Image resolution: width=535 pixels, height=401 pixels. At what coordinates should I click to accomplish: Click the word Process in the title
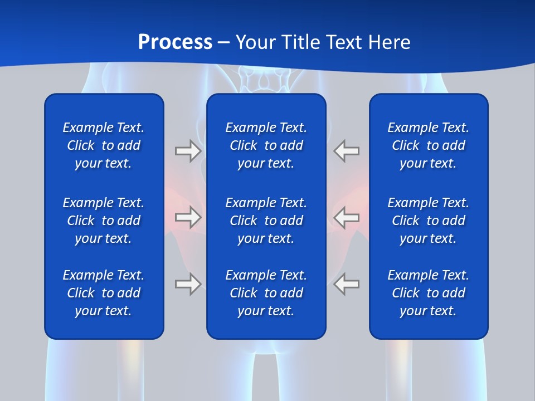175,42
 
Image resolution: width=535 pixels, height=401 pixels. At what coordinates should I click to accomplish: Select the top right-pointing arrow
188,151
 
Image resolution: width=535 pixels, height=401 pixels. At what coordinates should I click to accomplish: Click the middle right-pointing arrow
188,217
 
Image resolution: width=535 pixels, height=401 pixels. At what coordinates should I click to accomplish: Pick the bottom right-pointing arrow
188,284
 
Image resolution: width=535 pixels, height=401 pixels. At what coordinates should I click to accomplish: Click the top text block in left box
104,145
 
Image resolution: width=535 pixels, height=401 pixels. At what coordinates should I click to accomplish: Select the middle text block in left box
104,221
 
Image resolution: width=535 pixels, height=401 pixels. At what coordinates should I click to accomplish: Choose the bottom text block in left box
104,293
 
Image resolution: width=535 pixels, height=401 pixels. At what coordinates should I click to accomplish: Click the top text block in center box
266,145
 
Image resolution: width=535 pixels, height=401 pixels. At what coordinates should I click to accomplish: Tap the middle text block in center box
266,221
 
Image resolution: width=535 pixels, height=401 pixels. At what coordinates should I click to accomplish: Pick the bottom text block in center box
266,293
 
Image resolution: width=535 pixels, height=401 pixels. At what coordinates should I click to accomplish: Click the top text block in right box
429,145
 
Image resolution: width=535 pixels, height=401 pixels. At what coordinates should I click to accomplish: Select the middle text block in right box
429,221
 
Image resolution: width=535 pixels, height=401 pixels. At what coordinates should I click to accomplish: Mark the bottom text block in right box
429,293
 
